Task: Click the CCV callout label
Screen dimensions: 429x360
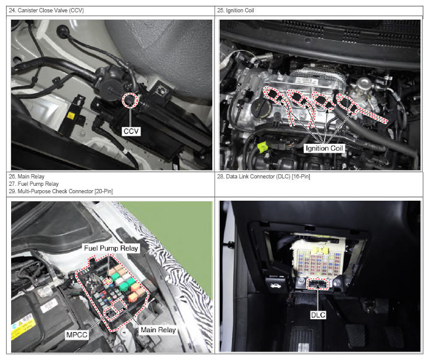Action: pyautogui.click(x=131, y=132)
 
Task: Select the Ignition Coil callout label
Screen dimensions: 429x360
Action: pyautogui.click(x=324, y=148)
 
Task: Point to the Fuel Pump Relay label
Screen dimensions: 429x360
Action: pyautogui.click(x=111, y=248)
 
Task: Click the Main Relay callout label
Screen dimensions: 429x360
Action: pyautogui.click(x=158, y=330)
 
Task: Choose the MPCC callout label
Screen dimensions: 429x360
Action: pyautogui.click(x=77, y=335)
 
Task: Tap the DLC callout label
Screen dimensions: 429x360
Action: pyautogui.click(x=318, y=315)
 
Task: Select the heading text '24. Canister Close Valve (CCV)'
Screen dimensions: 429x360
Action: pyautogui.click(x=46, y=10)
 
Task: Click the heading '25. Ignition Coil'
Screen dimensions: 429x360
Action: pyautogui.click(x=236, y=10)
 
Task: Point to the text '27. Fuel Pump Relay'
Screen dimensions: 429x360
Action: pyautogui.click(x=34, y=184)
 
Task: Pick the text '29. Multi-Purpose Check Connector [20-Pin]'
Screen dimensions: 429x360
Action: pyautogui.click(x=60, y=191)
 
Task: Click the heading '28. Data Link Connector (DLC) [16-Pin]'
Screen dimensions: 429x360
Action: pyautogui.click(x=264, y=177)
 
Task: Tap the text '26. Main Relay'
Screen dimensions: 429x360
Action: pyautogui.click(x=27, y=177)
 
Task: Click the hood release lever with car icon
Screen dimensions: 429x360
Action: pyautogui.click(x=275, y=286)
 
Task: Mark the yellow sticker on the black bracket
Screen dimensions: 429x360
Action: pyautogui.click(x=70, y=116)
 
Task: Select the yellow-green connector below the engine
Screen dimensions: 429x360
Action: pyautogui.click(x=262, y=148)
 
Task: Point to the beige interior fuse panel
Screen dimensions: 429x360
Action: pyautogui.click(x=317, y=260)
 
